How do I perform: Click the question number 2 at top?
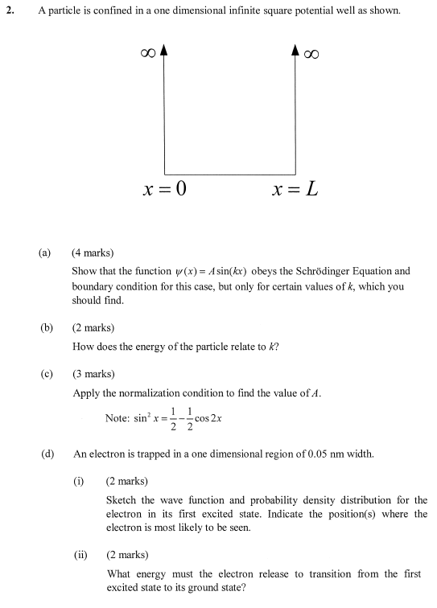click(10, 11)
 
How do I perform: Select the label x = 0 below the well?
click(163, 191)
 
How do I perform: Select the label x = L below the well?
click(295, 191)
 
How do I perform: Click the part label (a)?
click(44, 253)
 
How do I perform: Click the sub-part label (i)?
click(79, 481)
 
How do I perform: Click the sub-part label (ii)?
click(80, 555)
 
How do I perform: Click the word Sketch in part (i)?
click(121, 499)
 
